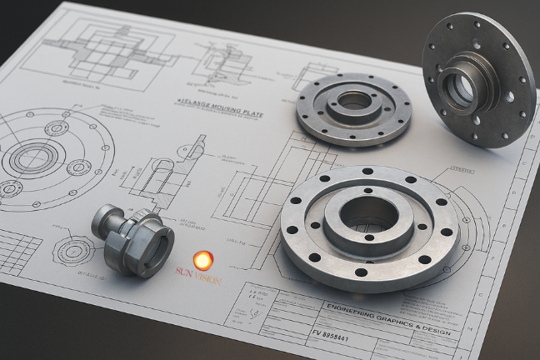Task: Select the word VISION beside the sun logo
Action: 208,278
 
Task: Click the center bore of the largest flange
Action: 369,215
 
